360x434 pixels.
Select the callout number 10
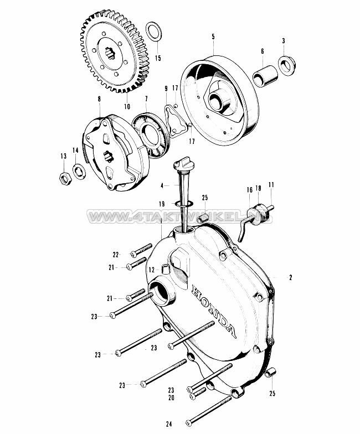pyautogui.click(x=127, y=106)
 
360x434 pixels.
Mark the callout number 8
pyautogui.click(x=99, y=99)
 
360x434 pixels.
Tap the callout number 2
pyautogui.click(x=290, y=277)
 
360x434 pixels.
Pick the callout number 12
pyautogui.click(x=151, y=270)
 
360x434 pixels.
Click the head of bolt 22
pyautogui.click(x=134, y=254)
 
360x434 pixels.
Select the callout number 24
pyautogui.click(x=169, y=423)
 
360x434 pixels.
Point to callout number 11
pyautogui.click(x=271, y=185)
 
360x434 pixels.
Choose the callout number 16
pyautogui.click(x=249, y=190)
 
